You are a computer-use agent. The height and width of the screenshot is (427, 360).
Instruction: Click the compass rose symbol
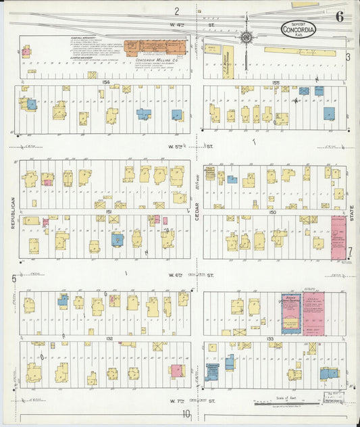coord(247,37)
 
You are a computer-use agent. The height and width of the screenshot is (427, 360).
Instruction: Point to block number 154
coord(105,81)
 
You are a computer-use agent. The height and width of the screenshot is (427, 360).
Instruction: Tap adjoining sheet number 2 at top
coord(176,11)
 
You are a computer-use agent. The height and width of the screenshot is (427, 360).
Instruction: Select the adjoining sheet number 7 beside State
coord(350,251)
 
